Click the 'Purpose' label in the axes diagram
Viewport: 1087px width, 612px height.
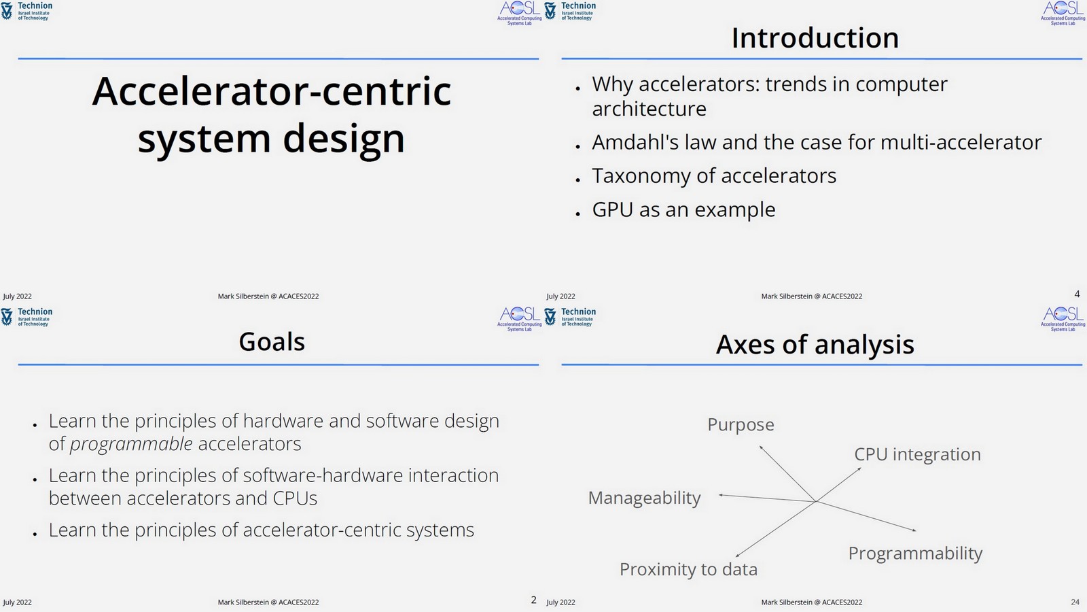pos(741,424)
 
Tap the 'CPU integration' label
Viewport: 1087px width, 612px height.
pos(917,454)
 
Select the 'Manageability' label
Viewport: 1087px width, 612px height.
pos(644,498)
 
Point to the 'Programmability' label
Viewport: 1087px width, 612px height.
pos(915,553)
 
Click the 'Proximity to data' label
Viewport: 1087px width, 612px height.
pos(688,569)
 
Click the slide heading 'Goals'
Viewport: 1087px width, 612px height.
pos(272,341)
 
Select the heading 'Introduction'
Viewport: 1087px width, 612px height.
pos(815,38)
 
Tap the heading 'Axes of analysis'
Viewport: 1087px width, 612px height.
pos(815,344)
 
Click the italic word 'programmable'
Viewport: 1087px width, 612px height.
pos(131,444)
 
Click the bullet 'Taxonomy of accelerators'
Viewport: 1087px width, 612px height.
pos(713,175)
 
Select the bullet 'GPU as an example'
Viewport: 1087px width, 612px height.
pos(683,209)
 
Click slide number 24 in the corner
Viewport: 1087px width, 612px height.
pos(1075,602)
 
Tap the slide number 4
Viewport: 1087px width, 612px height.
pos(1077,294)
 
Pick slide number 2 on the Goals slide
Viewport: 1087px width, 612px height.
pos(533,600)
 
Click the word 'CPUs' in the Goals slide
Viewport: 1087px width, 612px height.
pos(295,498)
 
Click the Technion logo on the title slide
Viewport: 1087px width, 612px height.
pos(27,11)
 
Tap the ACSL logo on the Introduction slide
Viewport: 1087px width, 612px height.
pos(1063,12)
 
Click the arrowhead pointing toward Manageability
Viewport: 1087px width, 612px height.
pos(721,495)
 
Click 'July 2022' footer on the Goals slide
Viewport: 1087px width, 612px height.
pos(18,602)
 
